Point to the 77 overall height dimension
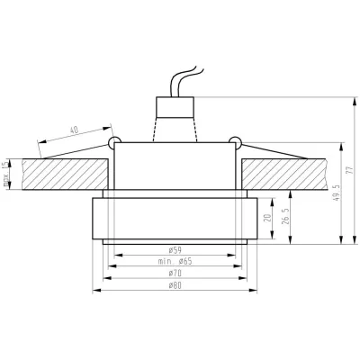coord(352,171)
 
